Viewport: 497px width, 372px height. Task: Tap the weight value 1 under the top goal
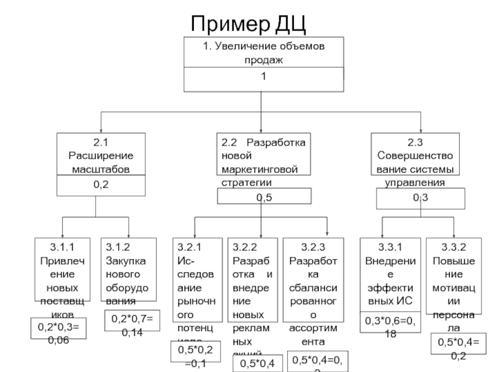pos(264,77)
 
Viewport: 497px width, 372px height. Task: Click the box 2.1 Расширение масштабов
pos(101,155)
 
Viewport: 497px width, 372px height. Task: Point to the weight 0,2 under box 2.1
pos(101,185)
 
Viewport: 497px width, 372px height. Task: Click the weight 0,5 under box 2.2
pos(264,197)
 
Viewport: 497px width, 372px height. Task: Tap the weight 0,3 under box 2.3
pos(420,197)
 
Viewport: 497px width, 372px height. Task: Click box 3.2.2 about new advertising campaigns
pos(253,291)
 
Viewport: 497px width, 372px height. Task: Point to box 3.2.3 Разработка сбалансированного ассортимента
pos(313,288)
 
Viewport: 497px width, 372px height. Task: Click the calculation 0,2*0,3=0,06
pos(59,329)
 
